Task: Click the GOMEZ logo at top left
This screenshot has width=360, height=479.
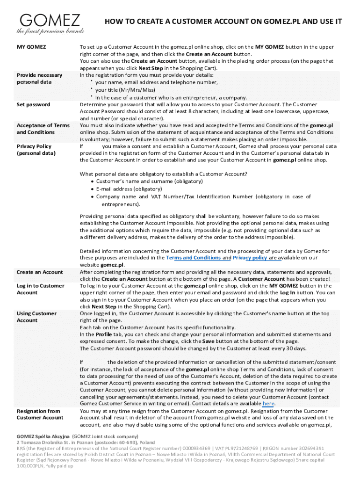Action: tap(50, 21)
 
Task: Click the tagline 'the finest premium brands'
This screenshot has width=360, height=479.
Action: tap(50, 31)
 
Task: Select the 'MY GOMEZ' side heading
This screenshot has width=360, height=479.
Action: tap(31, 47)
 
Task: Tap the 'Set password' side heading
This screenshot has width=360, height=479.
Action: tap(33, 104)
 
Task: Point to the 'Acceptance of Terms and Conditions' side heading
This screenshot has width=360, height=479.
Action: tap(43, 129)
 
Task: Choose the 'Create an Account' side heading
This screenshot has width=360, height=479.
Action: tap(40, 272)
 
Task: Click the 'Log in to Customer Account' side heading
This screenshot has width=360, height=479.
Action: tap(40, 289)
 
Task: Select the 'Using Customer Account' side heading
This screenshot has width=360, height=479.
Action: tap(36, 317)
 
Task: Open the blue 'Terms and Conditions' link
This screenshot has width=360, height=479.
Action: tap(196, 258)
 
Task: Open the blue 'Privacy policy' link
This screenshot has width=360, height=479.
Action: tap(250, 258)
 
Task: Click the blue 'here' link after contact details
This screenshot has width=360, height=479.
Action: tap(268, 404)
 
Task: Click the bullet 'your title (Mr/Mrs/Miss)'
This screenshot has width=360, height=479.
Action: tap(125, 90)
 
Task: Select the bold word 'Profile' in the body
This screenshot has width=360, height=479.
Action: tap(104, 334)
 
